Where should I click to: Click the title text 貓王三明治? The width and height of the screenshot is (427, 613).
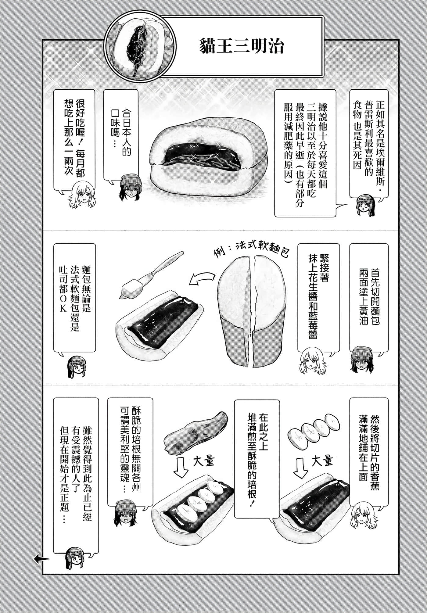point(242,47)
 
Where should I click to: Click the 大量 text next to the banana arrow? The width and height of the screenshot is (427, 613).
point(322,461)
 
